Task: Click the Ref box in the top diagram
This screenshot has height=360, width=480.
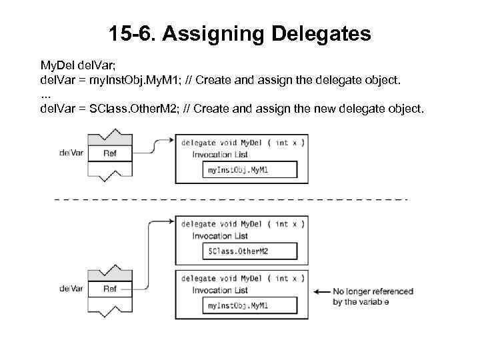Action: point(110,153)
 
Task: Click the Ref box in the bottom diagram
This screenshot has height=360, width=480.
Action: point(110,289)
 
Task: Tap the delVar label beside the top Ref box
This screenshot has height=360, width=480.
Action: point(71,153)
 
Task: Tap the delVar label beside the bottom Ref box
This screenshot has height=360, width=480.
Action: point(71,289)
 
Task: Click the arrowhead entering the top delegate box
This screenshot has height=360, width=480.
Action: point(171,141)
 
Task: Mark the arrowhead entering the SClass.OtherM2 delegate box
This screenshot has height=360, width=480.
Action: point(171,222)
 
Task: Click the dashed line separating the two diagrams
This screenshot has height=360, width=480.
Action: point(230,199)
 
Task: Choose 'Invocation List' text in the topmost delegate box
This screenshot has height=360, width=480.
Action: point(220,154)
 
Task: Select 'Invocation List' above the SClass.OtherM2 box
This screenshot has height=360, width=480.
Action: point(220,235)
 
